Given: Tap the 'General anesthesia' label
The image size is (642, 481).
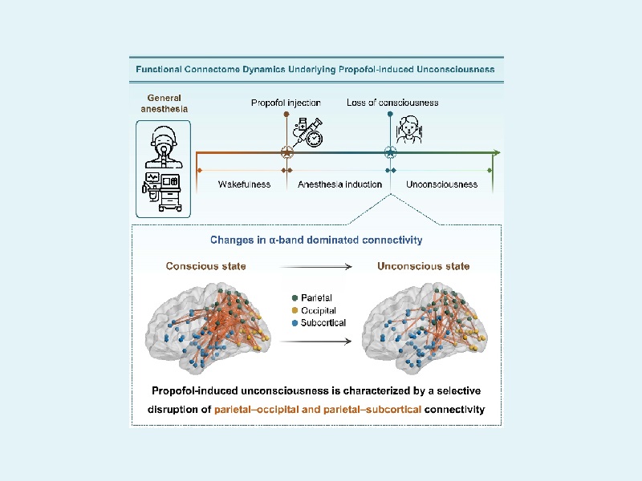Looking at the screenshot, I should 164,106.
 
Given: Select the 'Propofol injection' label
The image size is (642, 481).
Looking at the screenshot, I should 286,103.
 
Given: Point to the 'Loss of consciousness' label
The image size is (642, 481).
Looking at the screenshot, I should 392,103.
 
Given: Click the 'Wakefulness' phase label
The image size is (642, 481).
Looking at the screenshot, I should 244,184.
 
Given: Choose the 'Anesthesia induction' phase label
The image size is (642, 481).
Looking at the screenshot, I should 339,184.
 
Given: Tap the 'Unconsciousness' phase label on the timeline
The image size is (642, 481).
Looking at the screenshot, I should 441,184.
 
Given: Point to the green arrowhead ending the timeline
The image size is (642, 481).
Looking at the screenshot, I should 497,152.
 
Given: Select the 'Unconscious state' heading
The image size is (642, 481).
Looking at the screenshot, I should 424,266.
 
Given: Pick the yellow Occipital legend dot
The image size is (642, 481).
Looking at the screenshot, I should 295,309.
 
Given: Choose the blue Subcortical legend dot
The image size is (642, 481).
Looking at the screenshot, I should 295,322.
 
